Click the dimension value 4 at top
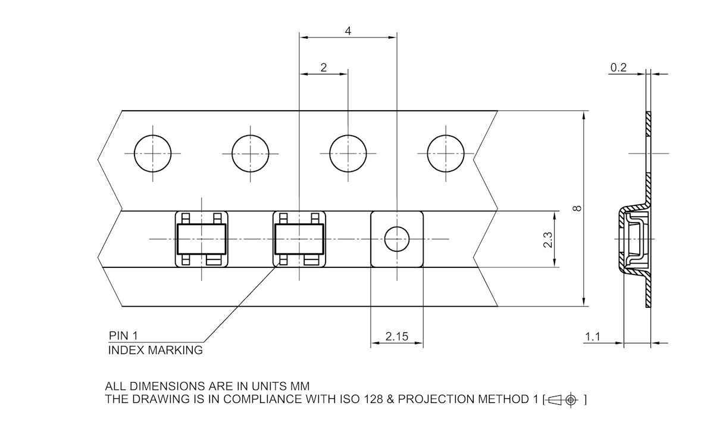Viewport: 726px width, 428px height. (347, 31)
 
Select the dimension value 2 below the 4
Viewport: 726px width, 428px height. (323, 68)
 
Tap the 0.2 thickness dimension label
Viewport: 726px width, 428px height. (618, 68)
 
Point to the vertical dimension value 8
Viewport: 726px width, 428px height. (577, 208)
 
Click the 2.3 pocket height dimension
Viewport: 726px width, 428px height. (548, 239)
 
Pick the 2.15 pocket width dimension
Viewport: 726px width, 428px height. (396, 336)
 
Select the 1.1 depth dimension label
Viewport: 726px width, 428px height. (592, 337)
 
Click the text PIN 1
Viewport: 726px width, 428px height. (123, 336)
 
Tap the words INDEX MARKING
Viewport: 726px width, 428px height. (155, 350)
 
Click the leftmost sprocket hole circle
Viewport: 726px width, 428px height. (152, 153)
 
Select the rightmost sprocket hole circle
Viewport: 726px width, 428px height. (445, 153)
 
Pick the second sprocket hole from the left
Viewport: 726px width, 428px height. (250, 153)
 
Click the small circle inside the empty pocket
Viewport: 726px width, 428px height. (396, 239)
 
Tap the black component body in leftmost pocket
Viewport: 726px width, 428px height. (201, 239)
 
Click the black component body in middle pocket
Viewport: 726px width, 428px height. (299, 239)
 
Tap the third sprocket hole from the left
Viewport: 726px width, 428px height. (348, 153)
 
